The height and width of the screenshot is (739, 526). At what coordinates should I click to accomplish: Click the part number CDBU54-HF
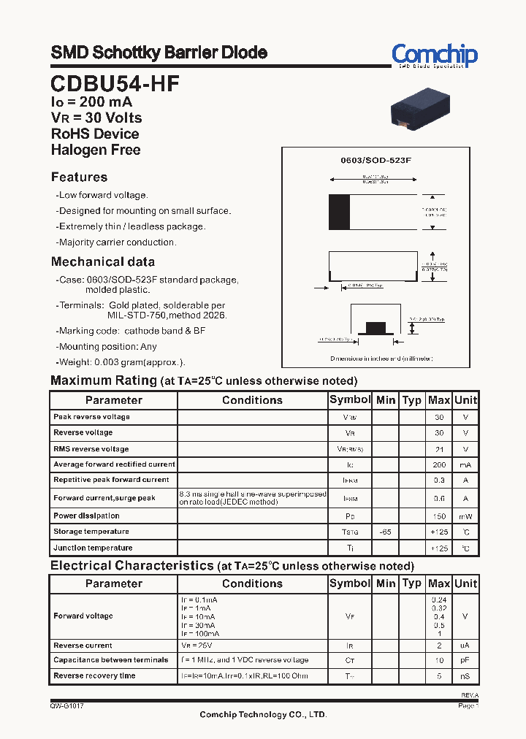115,83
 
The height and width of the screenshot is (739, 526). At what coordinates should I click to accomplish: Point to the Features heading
79,177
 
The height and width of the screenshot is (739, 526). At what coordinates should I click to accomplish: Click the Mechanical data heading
103,262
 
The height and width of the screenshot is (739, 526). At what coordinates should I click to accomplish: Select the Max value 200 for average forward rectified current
439,464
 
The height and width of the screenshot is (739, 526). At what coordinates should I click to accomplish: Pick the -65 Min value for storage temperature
386,532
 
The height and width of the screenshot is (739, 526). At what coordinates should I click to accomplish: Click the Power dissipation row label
86,516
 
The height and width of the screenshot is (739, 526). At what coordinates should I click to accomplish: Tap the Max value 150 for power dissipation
439,516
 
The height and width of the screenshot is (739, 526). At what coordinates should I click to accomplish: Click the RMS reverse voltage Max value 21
439,449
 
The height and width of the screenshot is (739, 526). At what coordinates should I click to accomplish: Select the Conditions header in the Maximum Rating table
252,400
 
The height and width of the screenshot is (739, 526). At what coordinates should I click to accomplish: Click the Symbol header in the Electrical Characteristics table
350,583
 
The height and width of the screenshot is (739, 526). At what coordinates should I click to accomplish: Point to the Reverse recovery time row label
94,675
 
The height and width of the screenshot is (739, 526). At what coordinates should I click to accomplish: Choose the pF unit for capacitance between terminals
465,660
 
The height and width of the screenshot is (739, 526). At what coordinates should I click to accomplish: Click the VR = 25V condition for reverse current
197,646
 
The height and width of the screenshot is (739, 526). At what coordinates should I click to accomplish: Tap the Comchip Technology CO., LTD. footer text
263,715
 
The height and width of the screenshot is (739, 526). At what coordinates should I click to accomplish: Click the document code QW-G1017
66,706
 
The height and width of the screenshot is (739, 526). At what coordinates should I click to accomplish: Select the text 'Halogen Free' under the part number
96,150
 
